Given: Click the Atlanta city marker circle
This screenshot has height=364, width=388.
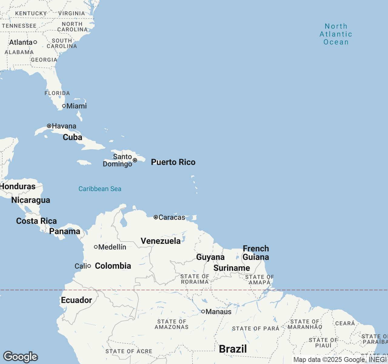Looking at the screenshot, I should (x=35, y=42).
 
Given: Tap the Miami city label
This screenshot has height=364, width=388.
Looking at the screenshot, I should (x=76, y=106).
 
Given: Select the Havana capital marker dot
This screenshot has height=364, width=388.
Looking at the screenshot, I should (x=49, y=126).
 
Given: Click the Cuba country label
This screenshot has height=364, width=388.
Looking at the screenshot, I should (x=72, y=137).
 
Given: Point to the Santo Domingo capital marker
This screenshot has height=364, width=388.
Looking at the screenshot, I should (x=135, y=160).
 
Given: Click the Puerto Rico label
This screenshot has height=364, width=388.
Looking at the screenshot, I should (x=173, y=162).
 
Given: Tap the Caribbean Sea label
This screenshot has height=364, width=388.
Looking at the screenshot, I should (x=100, y=189).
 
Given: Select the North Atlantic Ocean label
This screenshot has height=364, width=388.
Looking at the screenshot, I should (x=336, y=34).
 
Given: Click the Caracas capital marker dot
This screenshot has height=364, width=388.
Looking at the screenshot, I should (x=156, y=217).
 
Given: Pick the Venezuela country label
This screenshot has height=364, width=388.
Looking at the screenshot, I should (x=161, y=241).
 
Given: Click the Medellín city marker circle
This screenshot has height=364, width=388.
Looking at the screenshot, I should (x=96, y=247).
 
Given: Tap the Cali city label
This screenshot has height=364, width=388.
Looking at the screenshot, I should (x=81, y=266).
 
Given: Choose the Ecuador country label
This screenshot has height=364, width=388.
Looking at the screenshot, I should (x=76, y=300).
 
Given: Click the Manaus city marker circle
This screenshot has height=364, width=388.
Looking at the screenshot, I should (x=203, y=312).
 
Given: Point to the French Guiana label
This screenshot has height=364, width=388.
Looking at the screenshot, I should (x=256, y=253).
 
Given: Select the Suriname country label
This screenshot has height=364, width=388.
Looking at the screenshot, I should (x=232, y=268).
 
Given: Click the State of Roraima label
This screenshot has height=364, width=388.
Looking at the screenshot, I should (x=195, y=279).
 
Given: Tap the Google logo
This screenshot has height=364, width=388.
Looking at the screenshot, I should (x=20, y=357).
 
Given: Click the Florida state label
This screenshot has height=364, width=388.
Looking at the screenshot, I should (x=57, y=93).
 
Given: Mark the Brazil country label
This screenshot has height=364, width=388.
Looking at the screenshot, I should (x=233, y=349).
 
